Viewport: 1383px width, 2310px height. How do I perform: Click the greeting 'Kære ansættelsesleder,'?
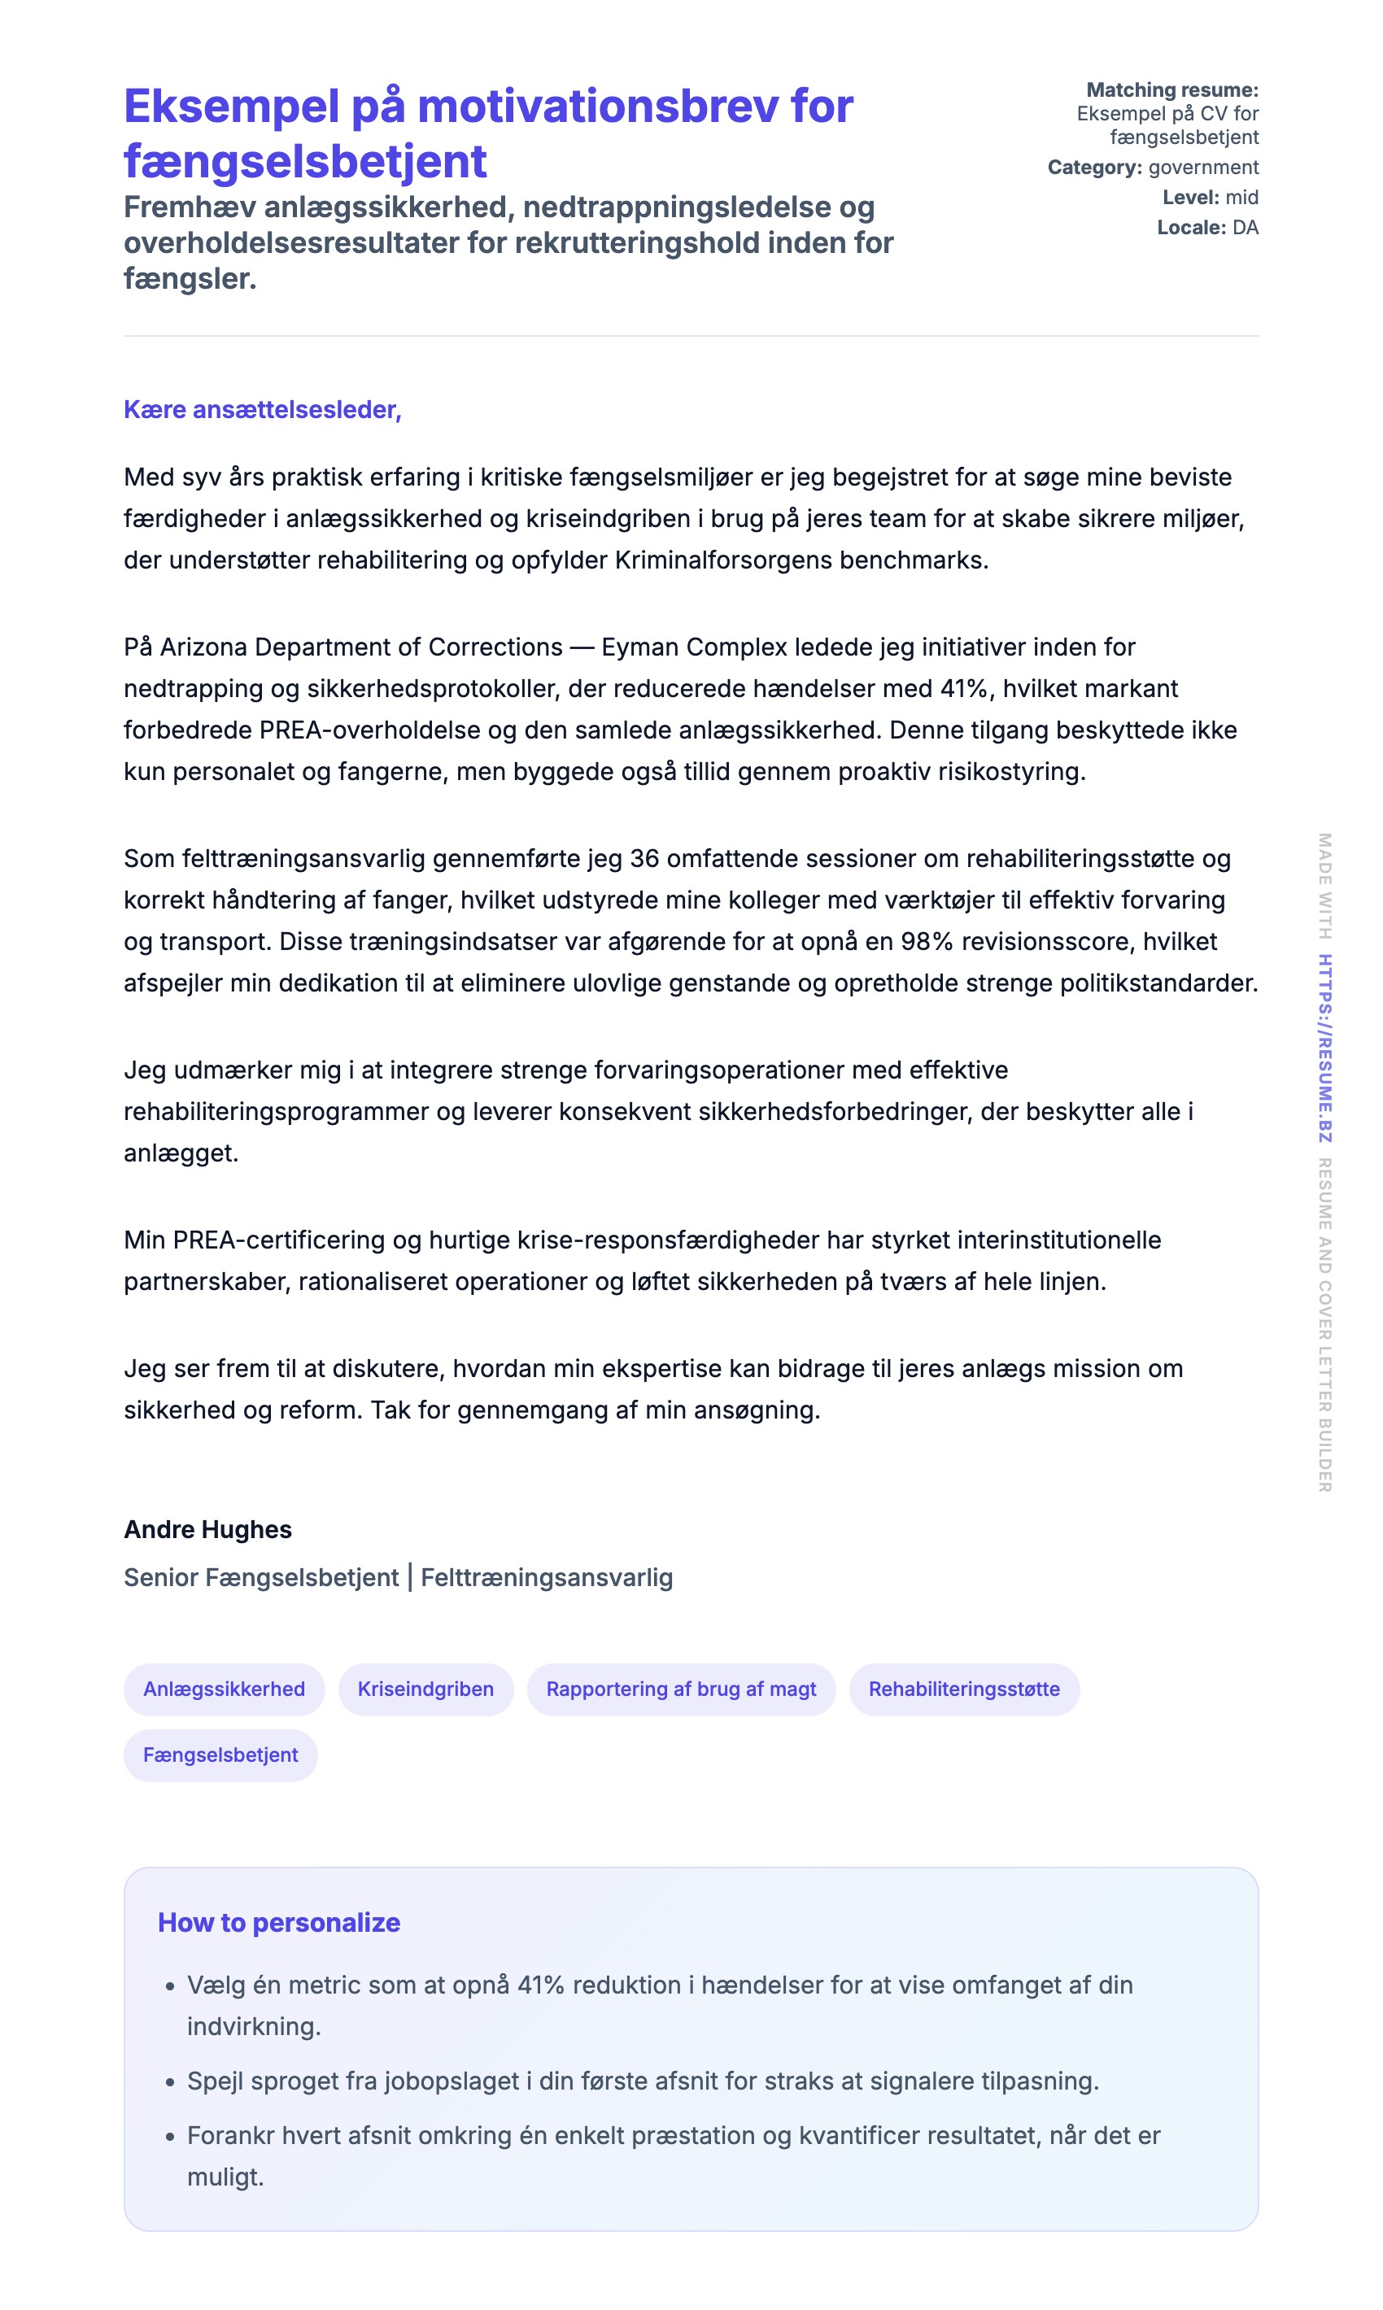click(x=262, y=410)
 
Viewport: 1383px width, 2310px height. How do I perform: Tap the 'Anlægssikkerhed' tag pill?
click(x=224, y=1689)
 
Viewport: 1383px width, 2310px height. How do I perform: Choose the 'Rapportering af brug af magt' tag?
click(x=680, y=1689)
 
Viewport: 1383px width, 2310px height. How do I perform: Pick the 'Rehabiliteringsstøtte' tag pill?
click(x=964, y=1689)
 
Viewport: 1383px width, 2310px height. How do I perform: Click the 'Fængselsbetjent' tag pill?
click(x=220, y=1754)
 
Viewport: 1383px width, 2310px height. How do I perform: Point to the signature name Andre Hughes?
click(x=207, y=1529)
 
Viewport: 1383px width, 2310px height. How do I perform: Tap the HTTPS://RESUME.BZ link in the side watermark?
click(x=1324, y=1048)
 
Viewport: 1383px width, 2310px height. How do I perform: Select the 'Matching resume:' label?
click(x=1171, y=89)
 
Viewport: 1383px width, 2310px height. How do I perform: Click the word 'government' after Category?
click(x=1203, y=167)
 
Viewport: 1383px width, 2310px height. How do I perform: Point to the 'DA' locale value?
click(x=1245, y=228)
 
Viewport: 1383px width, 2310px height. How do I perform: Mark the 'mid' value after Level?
click(x=1241, y=197)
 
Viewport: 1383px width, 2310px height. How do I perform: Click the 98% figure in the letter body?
click(x=927, y=941)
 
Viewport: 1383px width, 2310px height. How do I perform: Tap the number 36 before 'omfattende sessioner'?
click(x=645, y=858)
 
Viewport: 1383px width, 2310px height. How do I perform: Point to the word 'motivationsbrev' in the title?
click(x=597, y=107)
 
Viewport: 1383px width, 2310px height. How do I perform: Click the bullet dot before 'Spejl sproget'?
click(x=169, y=2081)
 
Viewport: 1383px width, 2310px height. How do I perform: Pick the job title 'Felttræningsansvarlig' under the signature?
click(x=546, y=1578)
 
